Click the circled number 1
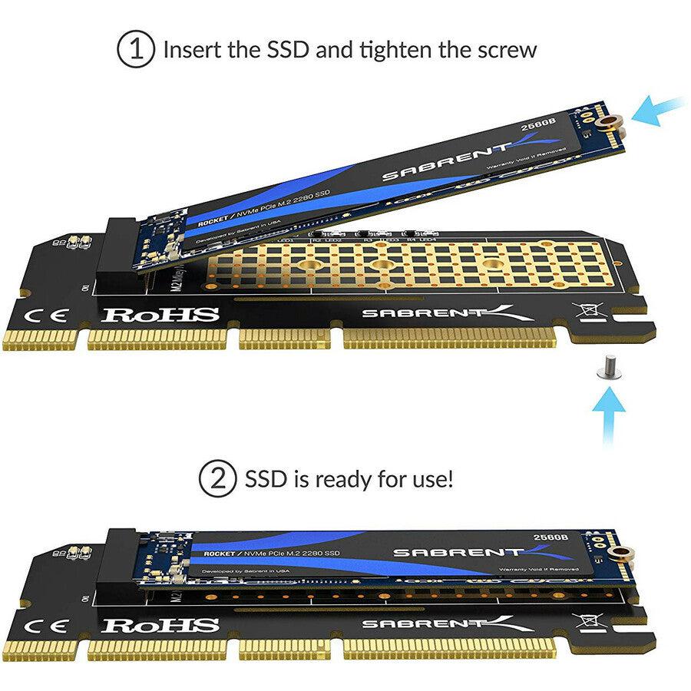pos(136,51)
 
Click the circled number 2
pos(218,480)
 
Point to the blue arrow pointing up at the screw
pos(610,415)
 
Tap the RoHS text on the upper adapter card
pos(161,314)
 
